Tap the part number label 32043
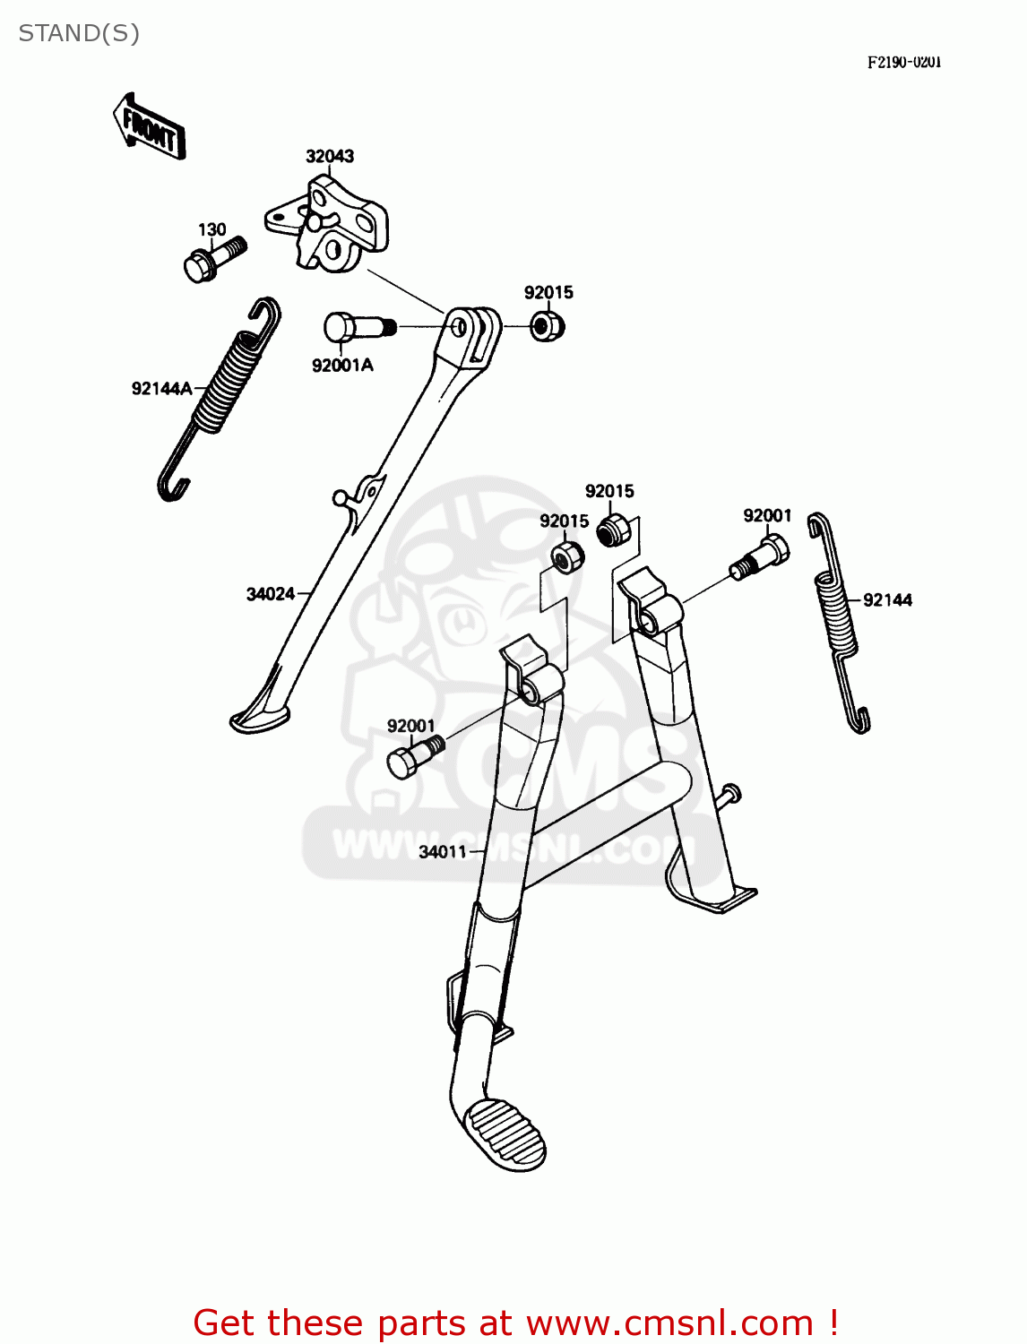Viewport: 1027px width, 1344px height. click(x=330, y=156)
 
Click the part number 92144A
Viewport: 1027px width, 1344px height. click(x=161, y=388)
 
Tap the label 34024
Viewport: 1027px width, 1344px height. click(x=271, y=594)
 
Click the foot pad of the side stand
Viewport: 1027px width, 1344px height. click(x=259, y=718)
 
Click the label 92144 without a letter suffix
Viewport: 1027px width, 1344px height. click(x=887, y=600)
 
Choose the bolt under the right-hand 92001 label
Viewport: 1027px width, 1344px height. click(x=762, y=556)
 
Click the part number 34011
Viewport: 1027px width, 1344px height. click(x=443, y=852)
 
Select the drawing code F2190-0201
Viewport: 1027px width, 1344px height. click(x=903, y=62)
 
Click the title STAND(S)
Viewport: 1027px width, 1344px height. click(x=79, y=33)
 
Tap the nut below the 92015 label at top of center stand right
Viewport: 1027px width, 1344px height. click(x=614, y=530)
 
